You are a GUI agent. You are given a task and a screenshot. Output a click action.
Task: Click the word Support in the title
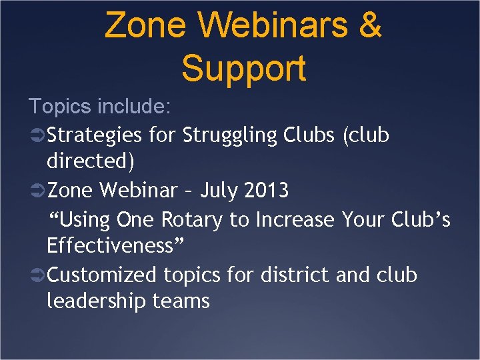(243, 68)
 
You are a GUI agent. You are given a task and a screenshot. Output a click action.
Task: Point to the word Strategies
(95, 135)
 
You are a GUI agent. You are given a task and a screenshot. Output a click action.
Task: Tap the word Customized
(102, 274)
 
